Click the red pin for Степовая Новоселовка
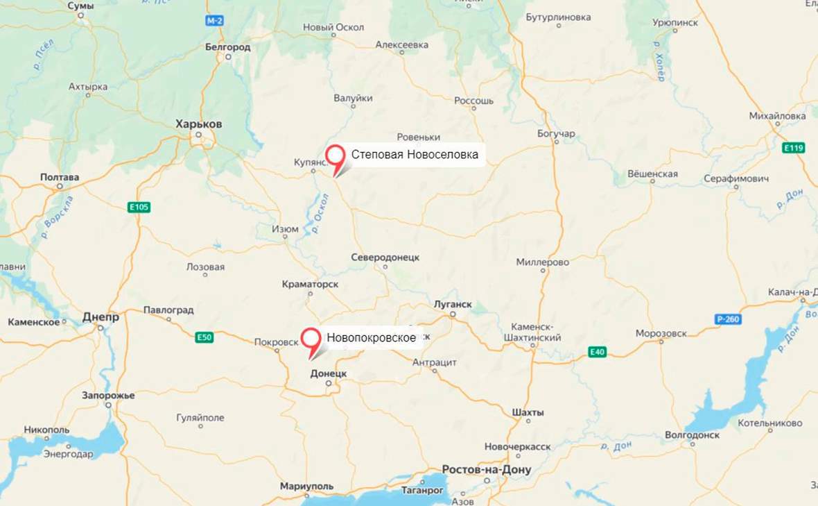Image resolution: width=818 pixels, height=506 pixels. [336, 156]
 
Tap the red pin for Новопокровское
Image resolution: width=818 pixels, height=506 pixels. [311, 339]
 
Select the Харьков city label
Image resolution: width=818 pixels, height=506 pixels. [199, 124]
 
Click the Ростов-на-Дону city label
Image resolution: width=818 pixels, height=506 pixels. [487, 470]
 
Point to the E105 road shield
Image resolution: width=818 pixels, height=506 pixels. [139, 207]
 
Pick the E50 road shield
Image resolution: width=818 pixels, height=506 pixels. [204, 337]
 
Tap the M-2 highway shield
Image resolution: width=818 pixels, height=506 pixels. [215, 21]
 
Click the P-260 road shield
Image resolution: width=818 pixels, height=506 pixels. [729, 319]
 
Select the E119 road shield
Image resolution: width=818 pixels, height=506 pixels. [792, 148]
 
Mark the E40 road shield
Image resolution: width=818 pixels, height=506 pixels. [598, 352]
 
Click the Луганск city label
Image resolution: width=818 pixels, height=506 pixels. [452, 304]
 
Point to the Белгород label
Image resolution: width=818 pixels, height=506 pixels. [228, 47]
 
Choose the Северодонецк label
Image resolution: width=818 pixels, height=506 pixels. [385, 257]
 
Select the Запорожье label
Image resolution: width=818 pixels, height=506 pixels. [108, 395]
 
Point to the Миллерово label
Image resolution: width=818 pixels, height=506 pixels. [542, 262]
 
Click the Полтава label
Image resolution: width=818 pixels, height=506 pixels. [60, 177]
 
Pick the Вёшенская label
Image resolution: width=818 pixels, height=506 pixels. [652, 174]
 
